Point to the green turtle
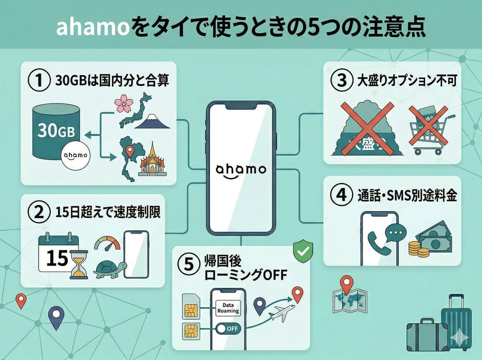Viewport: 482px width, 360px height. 109,269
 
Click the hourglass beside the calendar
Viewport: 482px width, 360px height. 78,265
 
